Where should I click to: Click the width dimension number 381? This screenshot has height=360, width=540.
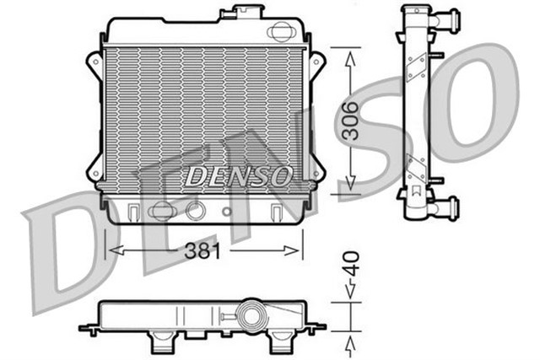202,250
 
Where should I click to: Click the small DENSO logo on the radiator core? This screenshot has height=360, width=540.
239,176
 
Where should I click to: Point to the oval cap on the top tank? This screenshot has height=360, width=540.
278,32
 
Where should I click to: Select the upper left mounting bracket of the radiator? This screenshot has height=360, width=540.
94,63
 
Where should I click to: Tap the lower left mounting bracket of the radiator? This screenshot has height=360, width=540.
94,169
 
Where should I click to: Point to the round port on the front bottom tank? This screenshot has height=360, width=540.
196,210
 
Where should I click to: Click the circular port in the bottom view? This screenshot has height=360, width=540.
250,317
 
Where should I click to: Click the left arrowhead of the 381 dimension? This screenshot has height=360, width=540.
109,250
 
